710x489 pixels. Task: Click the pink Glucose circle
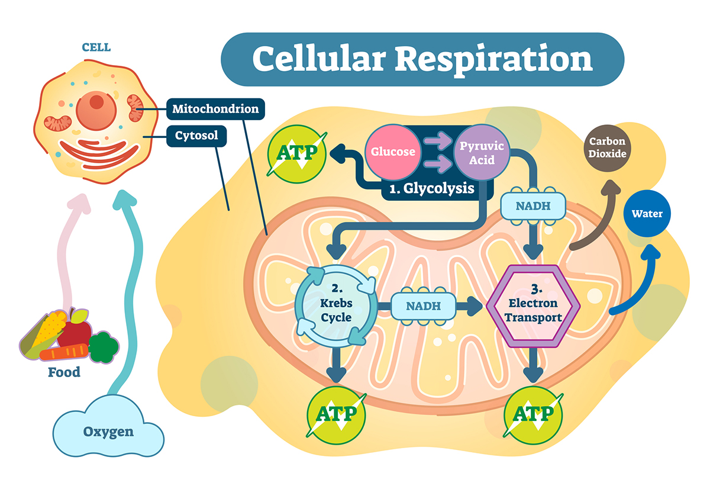pos(393,152)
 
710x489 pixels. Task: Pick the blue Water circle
pos(647,214)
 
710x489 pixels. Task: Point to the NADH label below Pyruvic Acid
pos(534,207)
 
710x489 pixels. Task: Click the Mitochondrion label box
pos(215,109)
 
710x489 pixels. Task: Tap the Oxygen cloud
pos(108,430)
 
